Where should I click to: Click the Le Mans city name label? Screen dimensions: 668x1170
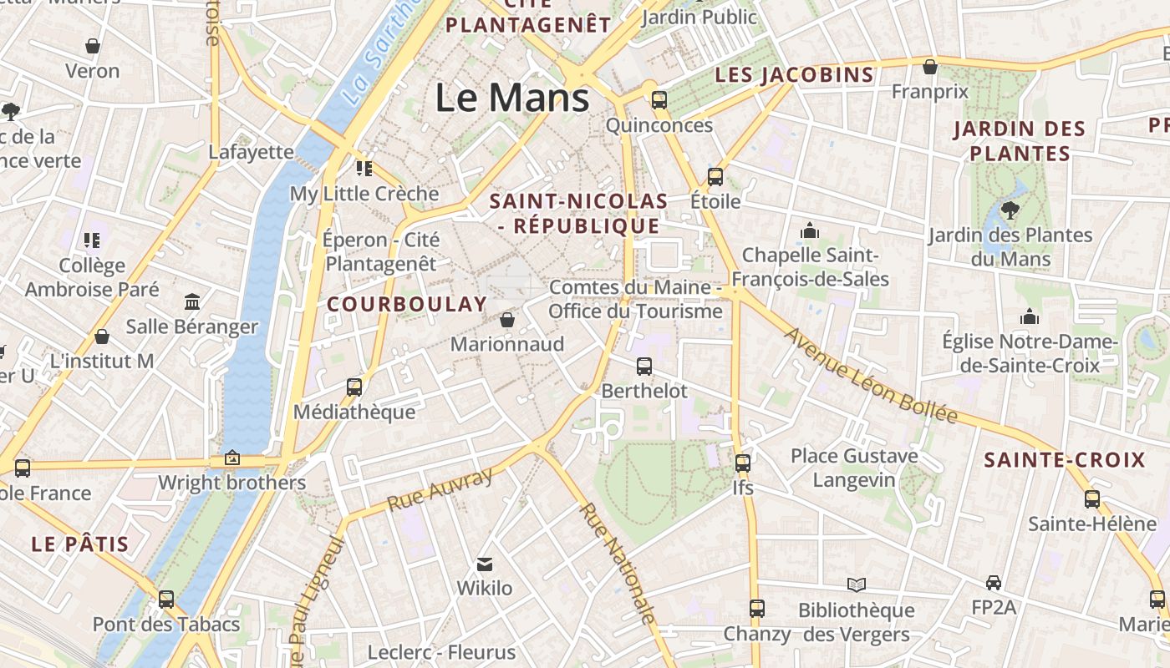511,98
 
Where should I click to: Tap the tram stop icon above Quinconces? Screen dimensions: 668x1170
659,100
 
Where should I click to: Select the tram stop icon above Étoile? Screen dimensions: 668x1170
715,176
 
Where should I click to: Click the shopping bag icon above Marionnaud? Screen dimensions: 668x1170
507,319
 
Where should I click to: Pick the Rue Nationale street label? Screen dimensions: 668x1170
617,564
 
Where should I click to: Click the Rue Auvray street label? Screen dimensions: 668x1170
440,490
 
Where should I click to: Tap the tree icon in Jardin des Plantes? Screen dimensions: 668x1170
1010,210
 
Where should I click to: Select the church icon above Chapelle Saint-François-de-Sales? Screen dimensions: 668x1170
809,230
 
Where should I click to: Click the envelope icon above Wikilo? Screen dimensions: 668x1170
485,564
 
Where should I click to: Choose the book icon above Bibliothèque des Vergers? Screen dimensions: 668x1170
857,584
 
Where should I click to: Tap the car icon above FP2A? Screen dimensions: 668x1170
994,582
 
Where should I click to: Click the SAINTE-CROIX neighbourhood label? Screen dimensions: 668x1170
1064,460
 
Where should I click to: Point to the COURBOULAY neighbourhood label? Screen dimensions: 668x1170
407,304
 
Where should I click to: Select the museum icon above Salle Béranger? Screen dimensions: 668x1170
192,301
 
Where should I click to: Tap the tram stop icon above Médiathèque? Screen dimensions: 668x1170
354,387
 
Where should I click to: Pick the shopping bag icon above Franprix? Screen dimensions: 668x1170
929,67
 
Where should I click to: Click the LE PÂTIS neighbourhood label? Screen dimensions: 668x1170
80,545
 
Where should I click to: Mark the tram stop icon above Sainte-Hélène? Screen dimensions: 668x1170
1092,499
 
